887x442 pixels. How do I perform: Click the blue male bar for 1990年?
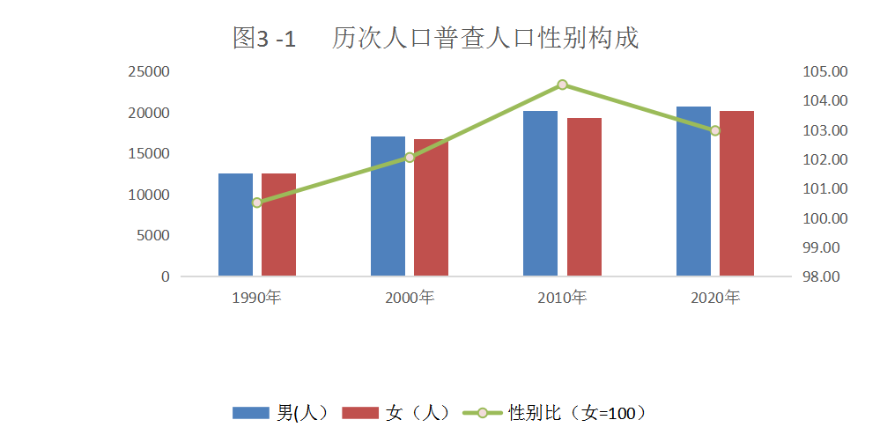click(x=235, y=225)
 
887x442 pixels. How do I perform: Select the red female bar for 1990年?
click(x=278, y=225)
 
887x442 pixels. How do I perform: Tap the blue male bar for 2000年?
click(x=388, y=206)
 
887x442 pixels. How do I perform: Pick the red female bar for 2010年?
click(x=584, y=196)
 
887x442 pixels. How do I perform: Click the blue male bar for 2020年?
click(x=693, y=191)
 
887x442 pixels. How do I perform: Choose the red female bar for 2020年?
click(x=736, y=193)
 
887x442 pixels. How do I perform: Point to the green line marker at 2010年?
click(x=562, y=85)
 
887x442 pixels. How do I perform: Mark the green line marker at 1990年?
click(x=257, y=203)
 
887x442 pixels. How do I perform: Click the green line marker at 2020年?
click(x=715, y=130)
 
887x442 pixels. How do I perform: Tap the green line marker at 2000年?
click(x=410, y=158)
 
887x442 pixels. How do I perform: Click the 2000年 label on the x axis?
click(x=410, y=298)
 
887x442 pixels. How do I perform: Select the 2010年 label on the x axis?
click(x=562, y=298)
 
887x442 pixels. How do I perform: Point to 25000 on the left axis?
click(x=149, y=71)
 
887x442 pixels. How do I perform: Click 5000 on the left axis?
click(x=152, y=235)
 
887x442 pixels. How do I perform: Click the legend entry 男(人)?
click(x=281, y=412)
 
